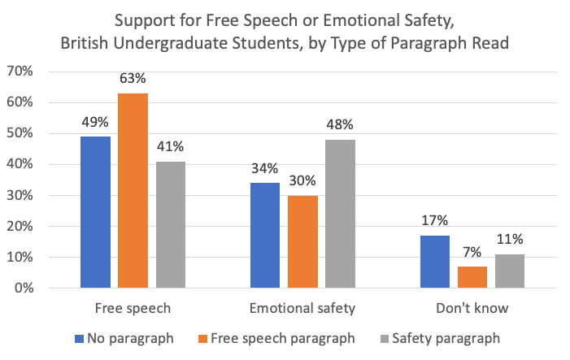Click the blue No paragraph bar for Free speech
(x=95, y=212)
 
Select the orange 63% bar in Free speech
(x=133, y=191)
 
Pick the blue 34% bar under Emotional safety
(x=265, y=236)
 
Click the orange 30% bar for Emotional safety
(x=302, y=241)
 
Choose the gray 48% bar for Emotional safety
(x=341, y=214)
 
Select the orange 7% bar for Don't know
(x=472, y=277)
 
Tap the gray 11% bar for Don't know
(x=511, y=271)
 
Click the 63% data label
(x=133, y=79)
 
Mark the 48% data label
(x=341, y=125)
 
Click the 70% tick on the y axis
(x=41, y=72)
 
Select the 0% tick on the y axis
(x=45, y=288)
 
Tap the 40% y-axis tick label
(x=41, y=164)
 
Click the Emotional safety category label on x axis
(x=302, y=309)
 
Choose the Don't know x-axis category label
(x=472, y=309)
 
